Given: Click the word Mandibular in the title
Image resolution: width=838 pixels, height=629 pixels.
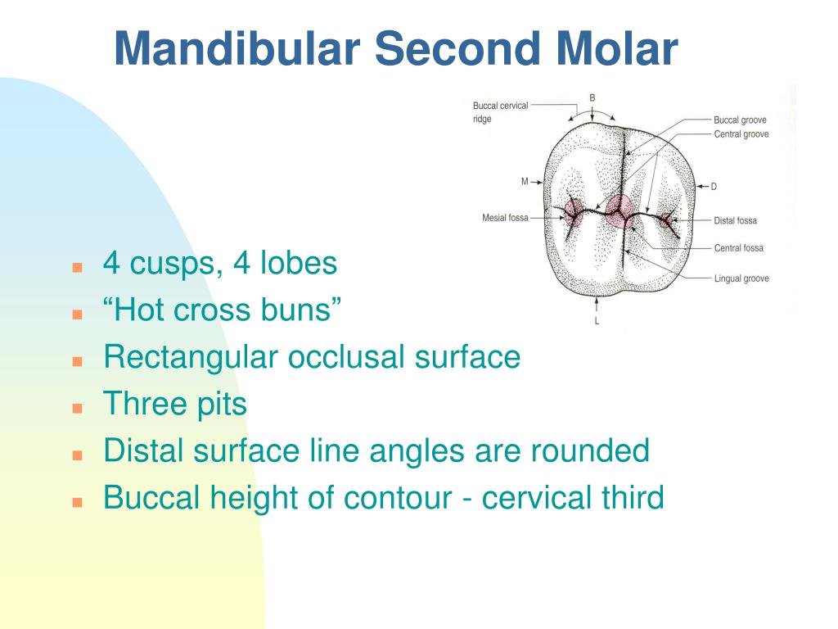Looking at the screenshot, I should pyautogui.click(x=237, y=48).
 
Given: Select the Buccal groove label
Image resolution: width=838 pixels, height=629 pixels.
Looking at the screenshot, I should pyautogui.click(x=740, y=120).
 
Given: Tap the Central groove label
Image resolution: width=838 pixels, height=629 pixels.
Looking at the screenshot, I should pyautogui.click(x=741, y=133).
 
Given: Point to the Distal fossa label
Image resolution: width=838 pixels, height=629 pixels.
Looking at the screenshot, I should pyautogui.click(x=735, y=220).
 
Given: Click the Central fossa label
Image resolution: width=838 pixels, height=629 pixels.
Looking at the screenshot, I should pyautogui.click(x=738, y=248).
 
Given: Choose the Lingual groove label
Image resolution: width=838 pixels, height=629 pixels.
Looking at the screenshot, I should pyautogui.click(x=741, y=278).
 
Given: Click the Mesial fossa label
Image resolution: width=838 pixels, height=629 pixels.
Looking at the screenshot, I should pyautogui.click(x=505, y=218).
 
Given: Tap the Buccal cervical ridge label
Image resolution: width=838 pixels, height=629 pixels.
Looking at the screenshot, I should pyautogui.click(x=500, y=112).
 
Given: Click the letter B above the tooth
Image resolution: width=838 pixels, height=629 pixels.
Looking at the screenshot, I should pyautogui.click(x=592, y=97).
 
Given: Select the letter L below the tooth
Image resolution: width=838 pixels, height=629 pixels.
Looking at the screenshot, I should pyautogui.click(x=597, y=321).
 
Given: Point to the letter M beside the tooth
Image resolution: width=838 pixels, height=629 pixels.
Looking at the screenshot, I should pyautogui.click(x=525, y=182).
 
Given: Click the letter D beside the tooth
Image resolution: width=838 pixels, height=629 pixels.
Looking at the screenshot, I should pyautogui.click(x=714, y=187).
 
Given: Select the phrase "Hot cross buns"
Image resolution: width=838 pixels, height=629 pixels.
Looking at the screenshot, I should pyautogui.click(x=222, y=310).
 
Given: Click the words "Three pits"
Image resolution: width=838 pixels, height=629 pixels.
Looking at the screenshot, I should pyautogui.click(x=174, y=404).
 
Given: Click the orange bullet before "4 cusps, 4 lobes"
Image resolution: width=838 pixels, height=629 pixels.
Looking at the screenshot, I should pyautogui.click(x=78, y=267).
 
